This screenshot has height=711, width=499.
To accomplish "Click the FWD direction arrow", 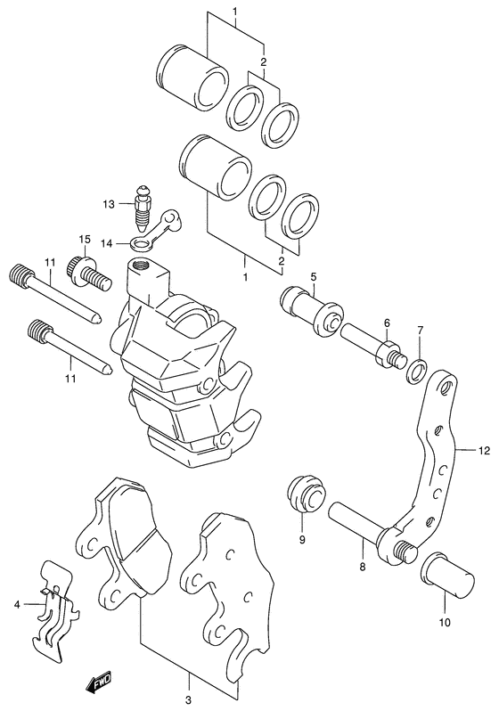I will pyautogui.click(x=94, y=683).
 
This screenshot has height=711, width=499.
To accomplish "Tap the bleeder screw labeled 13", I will pyautogui.click(x=140, y=206).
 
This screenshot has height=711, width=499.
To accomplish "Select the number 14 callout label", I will pyautogui.click(x=108, y=241).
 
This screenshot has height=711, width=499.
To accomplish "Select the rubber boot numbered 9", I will pyautogui.click(x=304, y=494).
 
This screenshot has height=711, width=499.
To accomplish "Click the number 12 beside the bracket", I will pyautogui.click(x=483, y=451).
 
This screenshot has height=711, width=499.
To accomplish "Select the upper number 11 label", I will pyautogui.click(x=51, y=260).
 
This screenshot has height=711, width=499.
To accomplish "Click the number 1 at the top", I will pyautogui.click(x=235, y=12).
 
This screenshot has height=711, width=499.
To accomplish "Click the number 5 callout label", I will pyautogui.click(x=313, y=276).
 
